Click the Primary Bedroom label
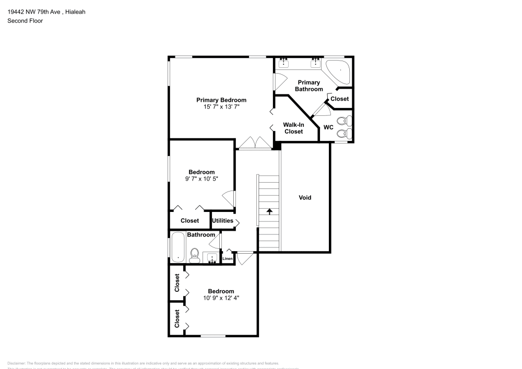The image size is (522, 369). coord(221,100)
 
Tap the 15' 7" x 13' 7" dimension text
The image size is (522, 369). coord(221,107)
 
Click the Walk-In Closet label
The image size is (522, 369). coord(293,128)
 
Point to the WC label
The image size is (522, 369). coord(328,127)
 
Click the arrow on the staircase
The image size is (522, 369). coord(269,211)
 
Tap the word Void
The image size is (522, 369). coord(305,197)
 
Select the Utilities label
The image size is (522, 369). coord(222,221)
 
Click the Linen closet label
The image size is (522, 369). coord(228,259)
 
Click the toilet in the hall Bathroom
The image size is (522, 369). coord(195,255)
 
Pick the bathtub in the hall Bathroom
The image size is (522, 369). coord(178,248)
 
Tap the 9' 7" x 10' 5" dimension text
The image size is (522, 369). coord(201,179)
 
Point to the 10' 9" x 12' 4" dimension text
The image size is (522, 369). coord(221,299)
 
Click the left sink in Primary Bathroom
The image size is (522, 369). coord(284,64)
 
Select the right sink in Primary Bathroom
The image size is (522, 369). coord(315,64)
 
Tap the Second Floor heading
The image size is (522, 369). coord(25,21)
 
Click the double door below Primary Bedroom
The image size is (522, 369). coord(254,142)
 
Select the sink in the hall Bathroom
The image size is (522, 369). coord(211,258)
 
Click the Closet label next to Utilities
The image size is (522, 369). coord(189,221)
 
